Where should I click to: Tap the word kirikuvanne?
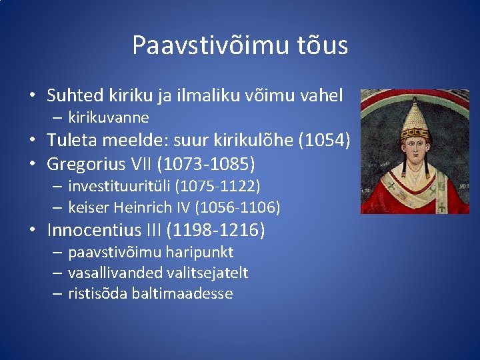[x=109, y=117]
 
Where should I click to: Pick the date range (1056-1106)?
[x=237, y=207]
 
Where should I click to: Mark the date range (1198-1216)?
[x=215, y=231]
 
